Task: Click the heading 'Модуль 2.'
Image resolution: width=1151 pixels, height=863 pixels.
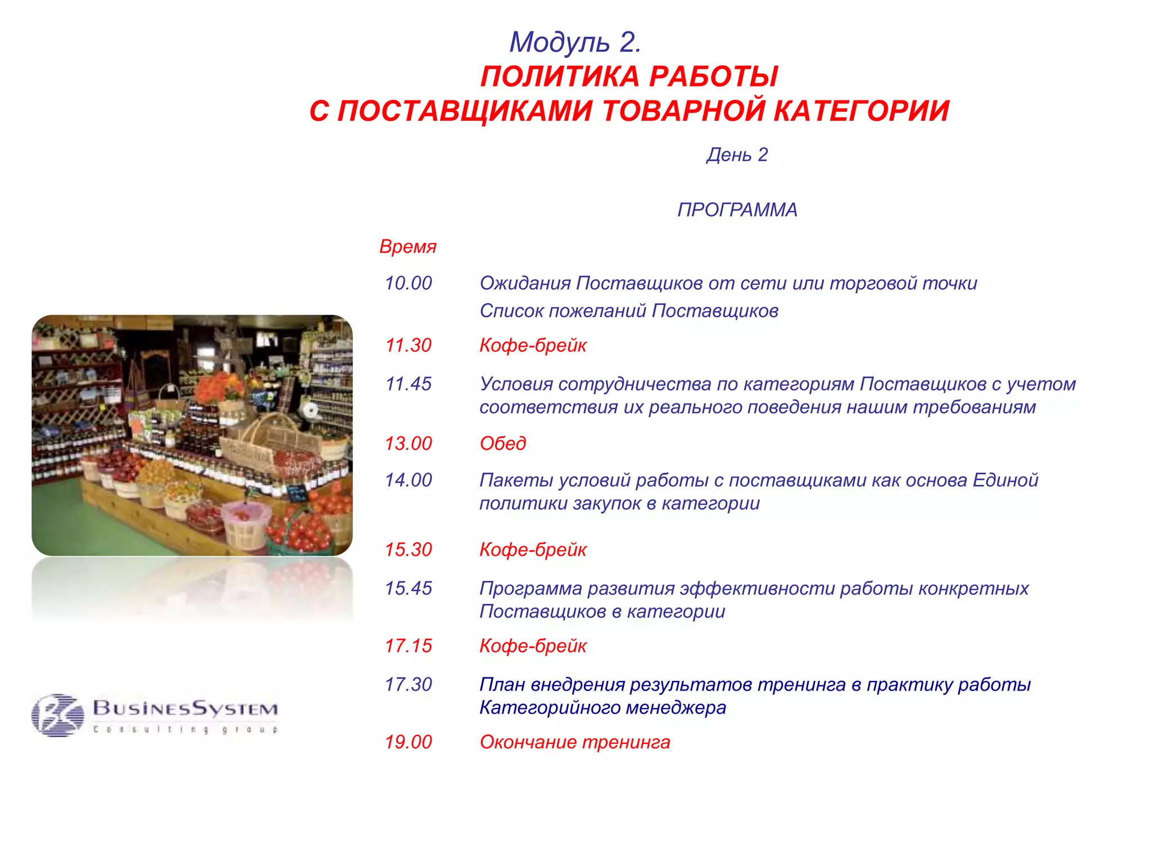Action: pos(575,42)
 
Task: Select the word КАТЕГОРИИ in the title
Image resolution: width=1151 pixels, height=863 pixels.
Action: pos(861,111)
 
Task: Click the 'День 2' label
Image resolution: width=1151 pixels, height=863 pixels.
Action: pos(737,155)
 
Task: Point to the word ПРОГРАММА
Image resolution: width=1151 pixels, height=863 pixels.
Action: pos(737,210)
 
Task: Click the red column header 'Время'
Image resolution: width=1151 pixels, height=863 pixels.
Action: pos(407,246)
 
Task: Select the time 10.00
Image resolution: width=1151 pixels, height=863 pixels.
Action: pos(408,283)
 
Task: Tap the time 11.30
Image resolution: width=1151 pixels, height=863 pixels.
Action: pos(408,345)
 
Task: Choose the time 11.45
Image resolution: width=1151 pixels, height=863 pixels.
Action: pos(408,384)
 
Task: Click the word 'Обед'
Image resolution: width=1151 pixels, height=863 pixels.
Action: pos(502,443)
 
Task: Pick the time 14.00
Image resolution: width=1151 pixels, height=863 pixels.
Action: pos(408,480)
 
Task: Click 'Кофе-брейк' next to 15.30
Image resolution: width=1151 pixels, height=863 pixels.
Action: pos(532,549)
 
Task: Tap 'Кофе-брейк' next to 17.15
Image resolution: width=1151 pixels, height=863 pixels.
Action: pos(532,646)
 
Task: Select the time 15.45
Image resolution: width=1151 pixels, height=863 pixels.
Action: pos(408,588)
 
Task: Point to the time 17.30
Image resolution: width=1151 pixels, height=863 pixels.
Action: pos(408,684)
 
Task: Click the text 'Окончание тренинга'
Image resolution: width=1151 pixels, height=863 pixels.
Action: pos(574,742)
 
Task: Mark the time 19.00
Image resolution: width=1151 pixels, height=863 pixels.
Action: pos(408,742)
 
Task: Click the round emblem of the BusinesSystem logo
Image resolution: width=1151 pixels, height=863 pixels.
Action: pos(57,715)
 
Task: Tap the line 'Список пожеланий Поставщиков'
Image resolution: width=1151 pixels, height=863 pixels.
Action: pos(628,311)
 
